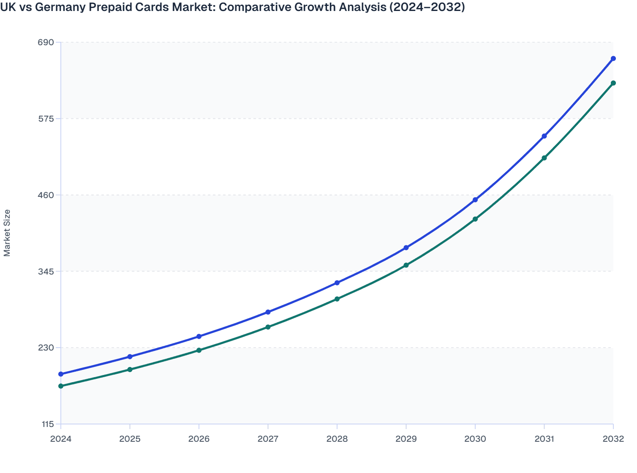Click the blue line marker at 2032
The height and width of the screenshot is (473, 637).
[x=613, y=59]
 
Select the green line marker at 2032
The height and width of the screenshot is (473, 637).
[x=613, y=83]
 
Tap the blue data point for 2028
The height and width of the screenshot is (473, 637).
[x=337, y=283]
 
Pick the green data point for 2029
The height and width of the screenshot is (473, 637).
[x=406, y=265]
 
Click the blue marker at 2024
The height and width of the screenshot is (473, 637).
[x=61, y=374]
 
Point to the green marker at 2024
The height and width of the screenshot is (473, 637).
[x=61, y=386]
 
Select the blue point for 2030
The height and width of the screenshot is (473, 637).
[x=475, y=200]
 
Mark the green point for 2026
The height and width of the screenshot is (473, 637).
[x=199, y=351]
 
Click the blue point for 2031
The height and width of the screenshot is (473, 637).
[x=544, y=136]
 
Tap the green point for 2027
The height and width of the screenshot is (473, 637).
[x=268, y=327]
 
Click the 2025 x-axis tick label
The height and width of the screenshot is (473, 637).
[x=130, y=439]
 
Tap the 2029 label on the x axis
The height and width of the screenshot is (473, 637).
[x=406, y=439]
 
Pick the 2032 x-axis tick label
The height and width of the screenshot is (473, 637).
[x=613, y=439]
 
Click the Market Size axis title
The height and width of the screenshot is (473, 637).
[x=7, y=233]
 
